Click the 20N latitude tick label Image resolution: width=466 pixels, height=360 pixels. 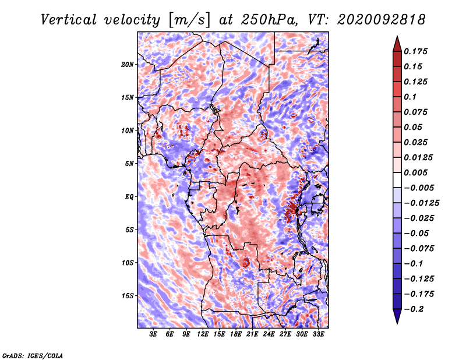(x=127, y=64)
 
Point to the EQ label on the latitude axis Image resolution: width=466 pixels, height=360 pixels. (x=129, y=196)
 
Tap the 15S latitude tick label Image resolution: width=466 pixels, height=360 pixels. (x=127, y=296)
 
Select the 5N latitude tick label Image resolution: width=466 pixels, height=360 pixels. (x=129, y=164)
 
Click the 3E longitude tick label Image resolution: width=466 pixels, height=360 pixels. (x=153, y=334)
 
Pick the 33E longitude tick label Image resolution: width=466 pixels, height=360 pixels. (x=318, y=334)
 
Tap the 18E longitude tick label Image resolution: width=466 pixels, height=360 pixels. (x=236, y=334)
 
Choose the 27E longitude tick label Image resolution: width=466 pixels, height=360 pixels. (x=285, y=334)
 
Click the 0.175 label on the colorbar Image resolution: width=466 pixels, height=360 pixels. (x=415, y=51)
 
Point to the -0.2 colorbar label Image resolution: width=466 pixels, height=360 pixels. (x=414, y=309)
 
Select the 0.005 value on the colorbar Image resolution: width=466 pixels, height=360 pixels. (x=415, y=172)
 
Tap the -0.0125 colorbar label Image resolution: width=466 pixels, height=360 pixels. (x=421, y=203)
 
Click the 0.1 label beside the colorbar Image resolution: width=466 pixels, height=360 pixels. (x=410, y=97)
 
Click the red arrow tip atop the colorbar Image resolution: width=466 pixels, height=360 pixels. (x=397, y=36)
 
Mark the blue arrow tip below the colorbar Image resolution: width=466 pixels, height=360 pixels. (x=397, y=323)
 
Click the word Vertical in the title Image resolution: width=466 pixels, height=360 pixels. (x=69, y=20)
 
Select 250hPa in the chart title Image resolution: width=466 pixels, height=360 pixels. (x=269, y=20)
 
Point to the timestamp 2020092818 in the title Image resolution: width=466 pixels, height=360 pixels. (x=381, y=20)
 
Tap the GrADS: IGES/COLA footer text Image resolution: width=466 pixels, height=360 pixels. (x=33, y=355)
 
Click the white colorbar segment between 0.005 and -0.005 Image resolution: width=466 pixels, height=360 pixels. (x=397, y=180)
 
